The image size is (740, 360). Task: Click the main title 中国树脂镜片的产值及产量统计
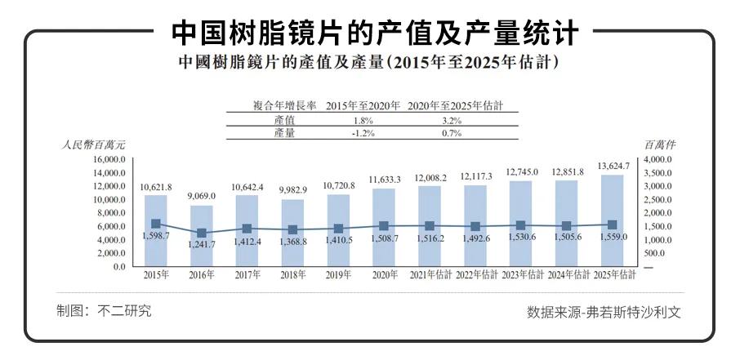tap(375, 32)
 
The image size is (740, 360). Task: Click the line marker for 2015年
tap(156, 224)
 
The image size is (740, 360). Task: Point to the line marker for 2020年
tap(384, 226)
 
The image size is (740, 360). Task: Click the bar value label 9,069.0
tap(202, 196)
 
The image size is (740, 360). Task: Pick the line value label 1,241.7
tap(202, 244)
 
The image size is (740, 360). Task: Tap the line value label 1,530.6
tap(521, 237)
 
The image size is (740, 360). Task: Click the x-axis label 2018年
tap(292, 276)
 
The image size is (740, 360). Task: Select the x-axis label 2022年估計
tap(475, 276)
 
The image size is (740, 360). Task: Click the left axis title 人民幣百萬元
tap(93, 144)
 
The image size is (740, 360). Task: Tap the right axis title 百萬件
tap(660, 144)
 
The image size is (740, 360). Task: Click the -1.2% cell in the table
tap(359, 133)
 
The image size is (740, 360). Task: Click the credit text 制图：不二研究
tap(104, 311)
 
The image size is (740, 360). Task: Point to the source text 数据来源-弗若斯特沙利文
tap(604, 312)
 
